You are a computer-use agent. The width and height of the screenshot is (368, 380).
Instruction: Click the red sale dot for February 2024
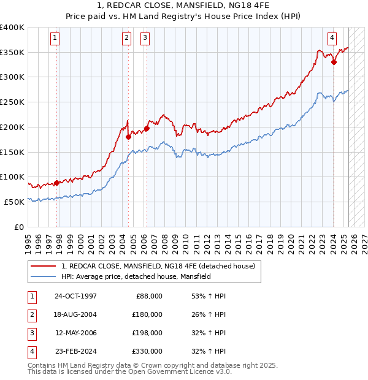(x=334, y=61)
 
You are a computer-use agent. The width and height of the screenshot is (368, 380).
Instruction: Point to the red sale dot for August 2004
(x=128, y=137)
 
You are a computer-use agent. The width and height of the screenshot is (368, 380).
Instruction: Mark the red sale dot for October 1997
(x=56, y=183)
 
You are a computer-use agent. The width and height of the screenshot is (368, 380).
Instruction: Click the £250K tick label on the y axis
(x=12, y=102)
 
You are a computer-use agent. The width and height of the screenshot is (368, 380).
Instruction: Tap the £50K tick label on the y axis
(x=14, y=201)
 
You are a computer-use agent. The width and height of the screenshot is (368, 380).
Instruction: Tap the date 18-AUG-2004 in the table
(x=75, y=314)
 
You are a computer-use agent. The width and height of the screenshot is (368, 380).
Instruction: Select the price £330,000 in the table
(x=147, y=351)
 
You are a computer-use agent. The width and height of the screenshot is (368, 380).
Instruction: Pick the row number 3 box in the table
(x=31, y=333)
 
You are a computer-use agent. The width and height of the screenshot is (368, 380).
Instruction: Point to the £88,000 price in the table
(x=149, y=296)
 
